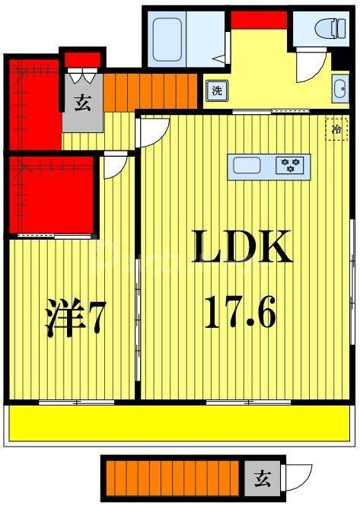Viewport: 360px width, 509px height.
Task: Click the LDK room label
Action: tap(241, 247)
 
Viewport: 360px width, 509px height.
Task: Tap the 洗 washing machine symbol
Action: tap(217, 89)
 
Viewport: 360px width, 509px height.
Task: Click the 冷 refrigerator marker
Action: tap(336, 129)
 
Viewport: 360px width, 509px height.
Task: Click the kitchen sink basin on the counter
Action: tap(247, 165)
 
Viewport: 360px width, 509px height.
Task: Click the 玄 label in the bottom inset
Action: tap(261, 479)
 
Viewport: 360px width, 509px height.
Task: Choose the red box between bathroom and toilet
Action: tap(258, 20)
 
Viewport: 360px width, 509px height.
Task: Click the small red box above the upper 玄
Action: tap(81, 59)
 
